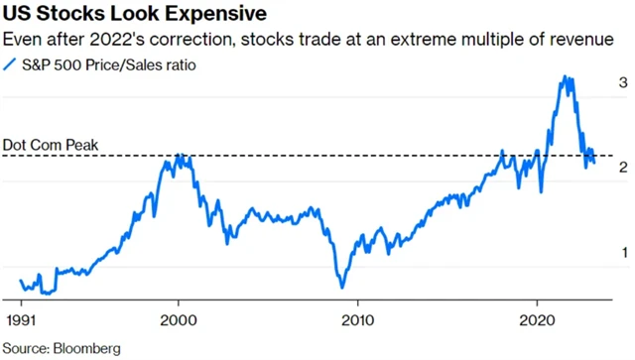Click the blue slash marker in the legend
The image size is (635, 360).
[11, 65]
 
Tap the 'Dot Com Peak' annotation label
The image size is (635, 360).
[51, 146]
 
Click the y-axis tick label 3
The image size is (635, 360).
[622, 83]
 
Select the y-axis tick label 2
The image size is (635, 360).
[622, 168]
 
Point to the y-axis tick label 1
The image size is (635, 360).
[622, 253]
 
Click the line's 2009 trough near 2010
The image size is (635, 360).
[342, 288]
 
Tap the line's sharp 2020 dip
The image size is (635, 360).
[541, 190]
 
